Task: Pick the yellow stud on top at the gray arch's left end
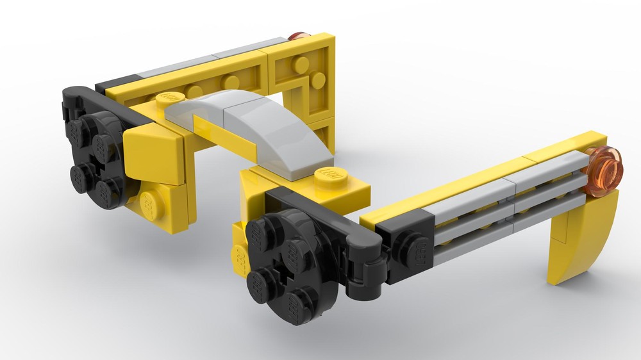(169, 99)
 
